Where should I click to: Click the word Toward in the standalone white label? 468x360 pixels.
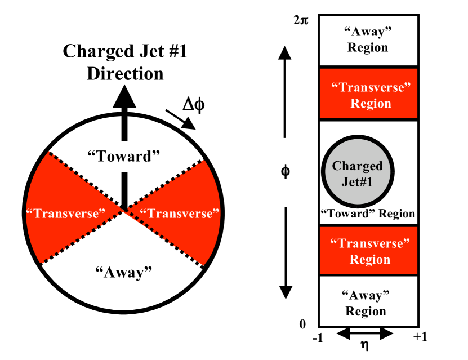coord(124,156)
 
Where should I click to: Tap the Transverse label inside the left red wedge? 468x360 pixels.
coord(66,214)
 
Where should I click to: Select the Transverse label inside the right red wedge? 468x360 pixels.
coord(179,214)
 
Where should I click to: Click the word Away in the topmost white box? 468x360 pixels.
coord(367,32)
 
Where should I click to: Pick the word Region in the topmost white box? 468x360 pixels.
coord(368,47)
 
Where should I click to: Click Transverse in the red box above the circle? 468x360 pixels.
coord(371,87)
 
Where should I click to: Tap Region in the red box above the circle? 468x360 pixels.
coord(371,104)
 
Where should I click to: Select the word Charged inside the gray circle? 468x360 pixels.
coord(358,166)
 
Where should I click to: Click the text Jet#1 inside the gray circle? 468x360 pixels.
coord(358,182)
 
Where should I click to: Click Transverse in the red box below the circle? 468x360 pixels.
coord(370,243)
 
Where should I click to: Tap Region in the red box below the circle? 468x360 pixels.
coord(370,260)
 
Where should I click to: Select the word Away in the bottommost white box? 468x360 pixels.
coord(366,295)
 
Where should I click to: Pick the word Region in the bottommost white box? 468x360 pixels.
coord(366,312)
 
